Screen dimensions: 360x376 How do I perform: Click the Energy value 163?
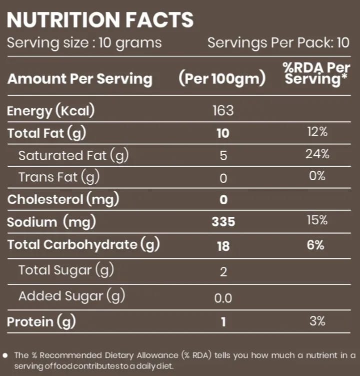tap(223, 111)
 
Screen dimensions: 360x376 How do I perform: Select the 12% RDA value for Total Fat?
tap(317, 132)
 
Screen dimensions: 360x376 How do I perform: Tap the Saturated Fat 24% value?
tap(317, 154)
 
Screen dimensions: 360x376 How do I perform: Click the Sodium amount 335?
tap(223, 222)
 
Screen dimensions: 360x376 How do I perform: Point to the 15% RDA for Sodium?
tap(317, 220)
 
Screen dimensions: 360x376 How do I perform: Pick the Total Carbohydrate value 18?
tap(223, 246)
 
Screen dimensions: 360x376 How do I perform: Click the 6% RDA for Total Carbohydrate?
tap(315, 245)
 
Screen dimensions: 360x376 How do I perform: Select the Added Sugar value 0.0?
tap(223, 298)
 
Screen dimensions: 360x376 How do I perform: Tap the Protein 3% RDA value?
tap(317, 321)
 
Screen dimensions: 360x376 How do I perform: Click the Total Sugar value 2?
tap(223, 272)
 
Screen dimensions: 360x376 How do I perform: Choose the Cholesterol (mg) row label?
tap(63, 199)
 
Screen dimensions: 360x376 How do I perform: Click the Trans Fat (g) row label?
tap(59, 177)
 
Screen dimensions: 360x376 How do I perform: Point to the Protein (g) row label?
tap(41, 322)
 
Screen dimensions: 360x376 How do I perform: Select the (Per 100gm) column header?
tap(222, 79)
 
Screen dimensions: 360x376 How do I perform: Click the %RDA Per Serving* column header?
tap(316, 74)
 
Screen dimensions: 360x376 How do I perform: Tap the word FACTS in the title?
tap(159, 20)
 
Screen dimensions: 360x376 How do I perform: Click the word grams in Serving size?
tap(138, 44)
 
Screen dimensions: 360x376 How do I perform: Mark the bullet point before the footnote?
tap(5, 355)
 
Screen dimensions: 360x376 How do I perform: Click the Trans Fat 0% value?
tap(317, 176)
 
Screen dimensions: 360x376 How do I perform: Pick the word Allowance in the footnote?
tap(157, 355)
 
